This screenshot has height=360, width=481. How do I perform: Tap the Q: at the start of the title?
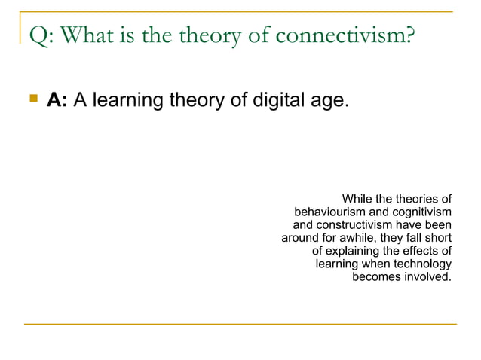click(38, 35)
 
